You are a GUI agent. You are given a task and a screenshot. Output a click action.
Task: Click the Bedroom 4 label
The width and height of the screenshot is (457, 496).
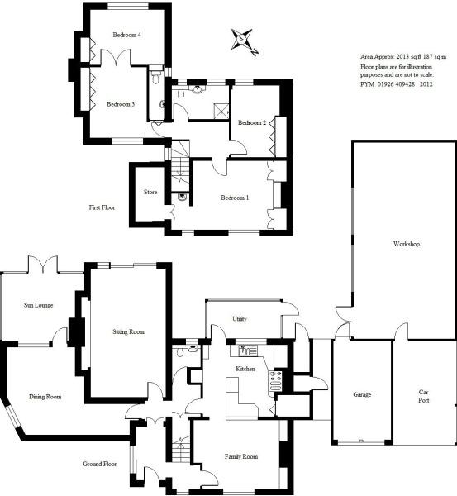click(x=126, y=35)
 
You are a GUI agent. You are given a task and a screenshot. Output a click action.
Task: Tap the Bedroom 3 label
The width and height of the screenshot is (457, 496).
click(x=121, y=104)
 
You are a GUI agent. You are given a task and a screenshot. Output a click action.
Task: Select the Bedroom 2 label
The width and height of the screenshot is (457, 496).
click(x=252, y=122)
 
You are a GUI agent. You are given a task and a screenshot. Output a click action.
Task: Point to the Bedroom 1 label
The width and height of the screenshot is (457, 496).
click(x=235, y=198)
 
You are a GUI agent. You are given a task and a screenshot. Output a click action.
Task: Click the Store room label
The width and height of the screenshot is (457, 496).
click(x=150, y=192)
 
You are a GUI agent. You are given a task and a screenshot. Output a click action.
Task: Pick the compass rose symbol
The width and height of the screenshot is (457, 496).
click(x=244, y=42)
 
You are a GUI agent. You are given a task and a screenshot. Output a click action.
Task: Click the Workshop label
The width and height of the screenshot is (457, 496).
click(x=407, y=244)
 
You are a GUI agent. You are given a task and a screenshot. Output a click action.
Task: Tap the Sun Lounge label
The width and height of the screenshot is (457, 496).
click(x=38, y=305)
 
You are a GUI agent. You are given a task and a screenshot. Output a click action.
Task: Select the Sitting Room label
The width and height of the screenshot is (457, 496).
click(x=128, y=331)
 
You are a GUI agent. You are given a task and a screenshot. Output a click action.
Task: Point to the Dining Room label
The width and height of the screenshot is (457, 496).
click(x=45, y=397)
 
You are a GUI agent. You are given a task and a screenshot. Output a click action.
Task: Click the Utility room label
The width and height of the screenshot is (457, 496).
click(x=240, y=319)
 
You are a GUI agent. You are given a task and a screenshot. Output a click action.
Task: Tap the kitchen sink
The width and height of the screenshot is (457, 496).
click(x=248, y=351)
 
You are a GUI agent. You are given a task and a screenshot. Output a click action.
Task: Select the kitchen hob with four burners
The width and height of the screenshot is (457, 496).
click(x=275, y=380)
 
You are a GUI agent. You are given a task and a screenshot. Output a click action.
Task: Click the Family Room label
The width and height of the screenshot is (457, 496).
click(x=241, y=456)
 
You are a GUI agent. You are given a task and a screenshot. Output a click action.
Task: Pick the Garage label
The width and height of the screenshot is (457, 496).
click(x=362, y=395)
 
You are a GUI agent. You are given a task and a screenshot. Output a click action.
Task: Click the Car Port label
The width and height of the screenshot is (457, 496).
click(x=423, y=396)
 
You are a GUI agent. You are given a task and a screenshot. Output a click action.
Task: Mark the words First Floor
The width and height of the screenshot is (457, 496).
click(x=102, y=207)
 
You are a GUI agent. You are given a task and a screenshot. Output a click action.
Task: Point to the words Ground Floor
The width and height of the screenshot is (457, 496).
click(x=100, y=464)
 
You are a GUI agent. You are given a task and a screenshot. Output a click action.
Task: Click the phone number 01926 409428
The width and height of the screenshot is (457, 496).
click(x=396, y=84)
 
